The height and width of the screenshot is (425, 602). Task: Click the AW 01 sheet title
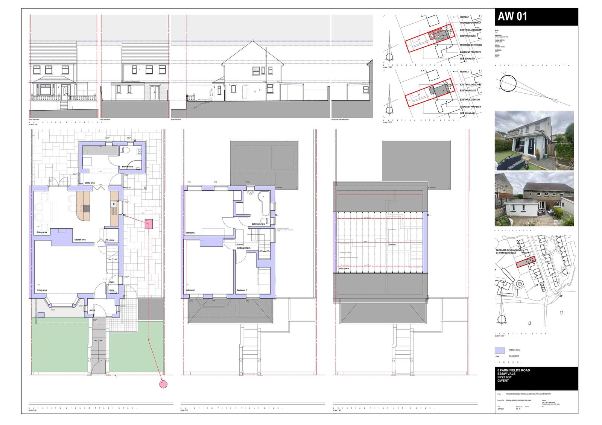coord(512,17)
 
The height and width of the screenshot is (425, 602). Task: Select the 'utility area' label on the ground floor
coord(90,183)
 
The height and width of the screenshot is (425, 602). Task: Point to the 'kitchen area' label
coord(80,240)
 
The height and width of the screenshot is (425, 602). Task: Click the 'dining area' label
coord(42,232)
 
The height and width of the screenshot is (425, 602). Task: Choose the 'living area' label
coord(41,290)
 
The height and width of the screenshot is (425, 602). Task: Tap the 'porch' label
coord(92,310)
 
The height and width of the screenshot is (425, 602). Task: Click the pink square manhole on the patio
coord(149,224)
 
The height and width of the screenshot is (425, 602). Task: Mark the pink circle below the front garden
coord(163,384)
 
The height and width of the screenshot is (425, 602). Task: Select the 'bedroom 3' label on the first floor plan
coord(191,233)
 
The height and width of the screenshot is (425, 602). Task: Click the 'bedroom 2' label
coord(242,290)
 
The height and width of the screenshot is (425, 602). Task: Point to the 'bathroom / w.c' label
coord(258,224)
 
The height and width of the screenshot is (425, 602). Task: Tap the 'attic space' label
coord(344,269)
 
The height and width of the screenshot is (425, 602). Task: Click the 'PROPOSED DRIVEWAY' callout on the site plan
coord(470,23)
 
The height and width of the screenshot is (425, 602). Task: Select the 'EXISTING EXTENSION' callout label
coord(470,100)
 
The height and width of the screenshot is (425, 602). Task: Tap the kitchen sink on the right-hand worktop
coord(114,204)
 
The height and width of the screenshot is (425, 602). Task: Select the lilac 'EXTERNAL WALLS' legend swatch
coord(500,350)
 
